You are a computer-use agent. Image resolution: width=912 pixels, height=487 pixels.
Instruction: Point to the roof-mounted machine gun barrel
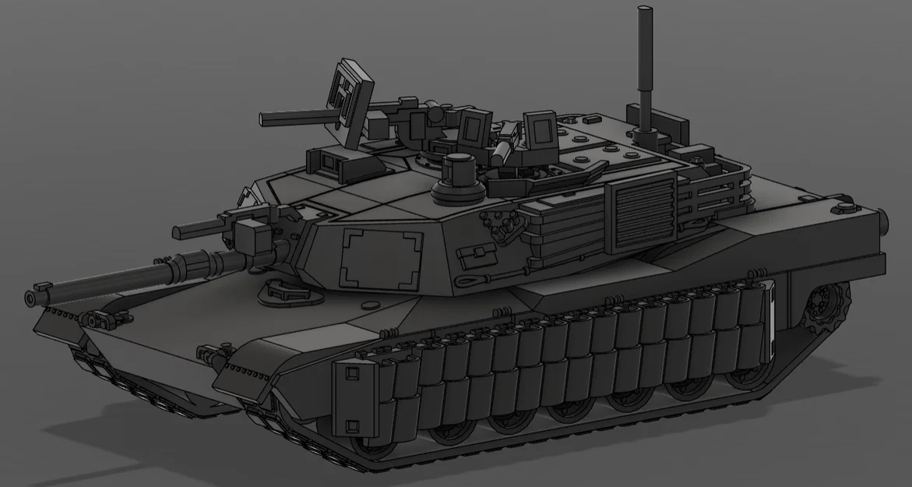coord(296,118)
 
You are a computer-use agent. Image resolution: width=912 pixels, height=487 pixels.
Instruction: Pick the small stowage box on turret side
coord(472,258)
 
